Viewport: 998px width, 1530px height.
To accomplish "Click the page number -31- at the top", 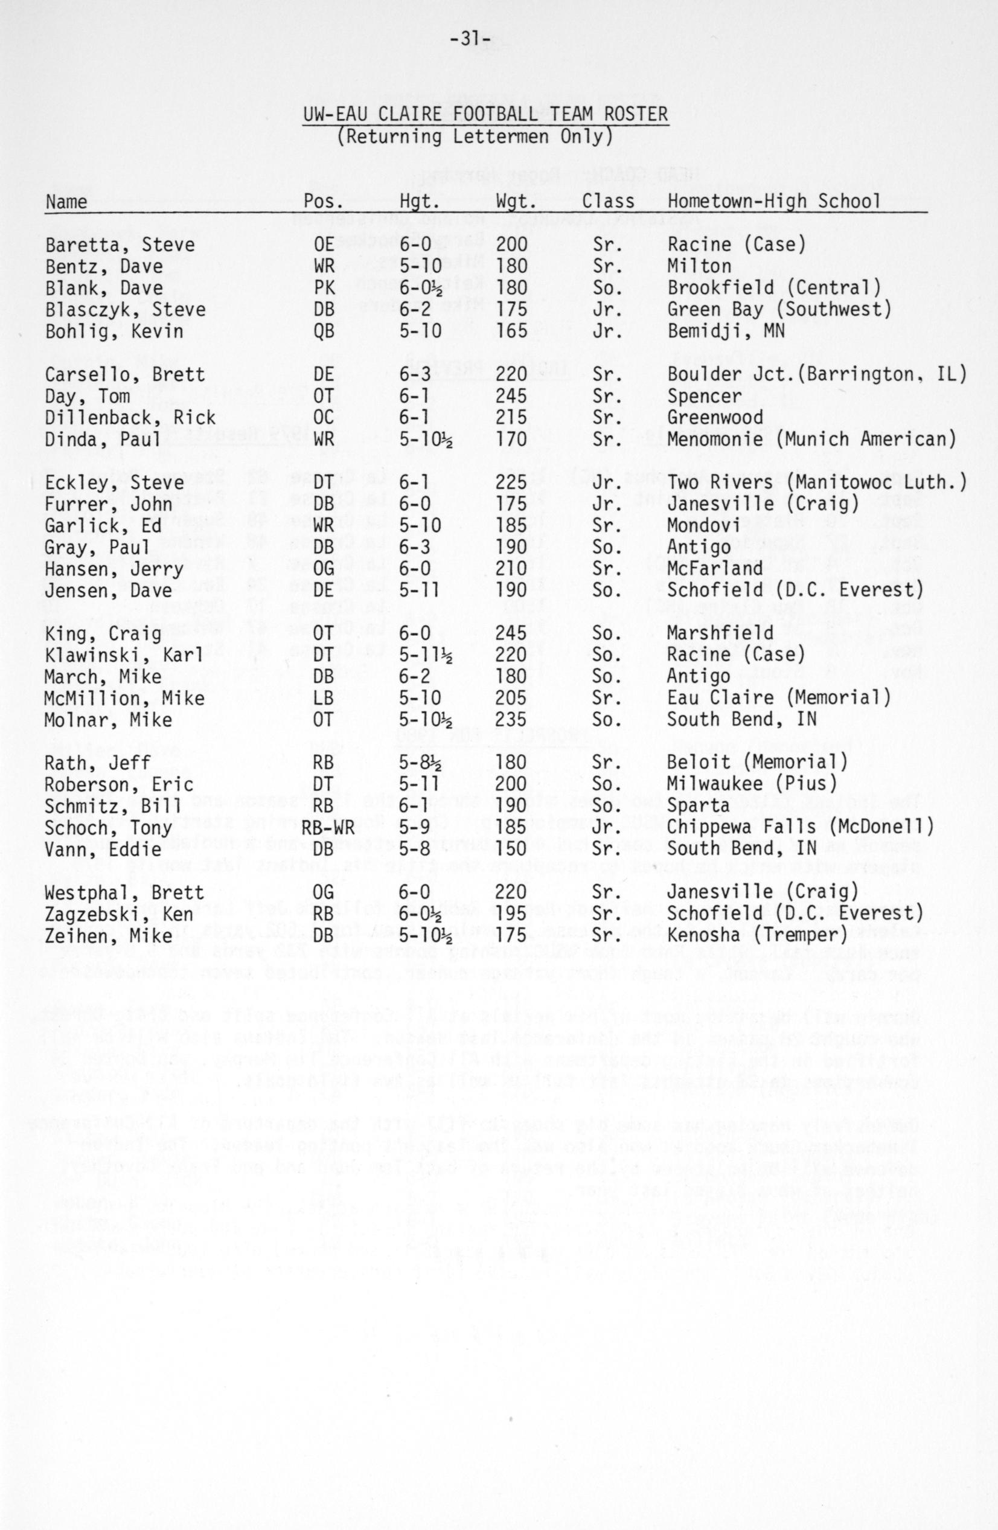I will coord(471,40).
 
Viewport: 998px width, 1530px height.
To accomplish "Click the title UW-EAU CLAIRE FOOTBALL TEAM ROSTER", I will coord(485,115).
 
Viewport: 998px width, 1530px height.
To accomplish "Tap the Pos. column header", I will coord(323,202).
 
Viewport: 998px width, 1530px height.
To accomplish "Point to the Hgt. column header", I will coord(419,202).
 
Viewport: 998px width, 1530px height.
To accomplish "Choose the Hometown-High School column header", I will coord(774,202).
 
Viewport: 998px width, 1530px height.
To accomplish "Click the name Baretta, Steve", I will coord(120,245).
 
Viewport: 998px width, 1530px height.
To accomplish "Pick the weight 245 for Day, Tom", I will coord(511,396).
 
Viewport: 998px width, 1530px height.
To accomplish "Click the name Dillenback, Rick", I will coord(130,418).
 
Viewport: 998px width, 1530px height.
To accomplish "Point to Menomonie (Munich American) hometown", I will coord(811,440).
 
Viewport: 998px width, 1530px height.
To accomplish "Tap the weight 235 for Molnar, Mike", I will coord(511,719).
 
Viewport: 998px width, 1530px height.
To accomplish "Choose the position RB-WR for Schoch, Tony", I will coord(322,827).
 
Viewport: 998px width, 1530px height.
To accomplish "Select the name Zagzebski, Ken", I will coord(119,914).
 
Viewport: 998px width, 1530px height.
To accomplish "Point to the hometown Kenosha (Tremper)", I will coord(762,935).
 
